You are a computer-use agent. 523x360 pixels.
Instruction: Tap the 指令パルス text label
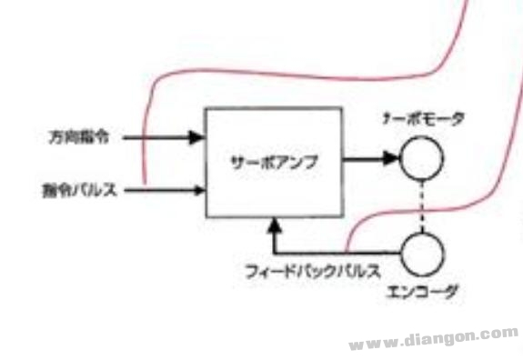click(79, 190)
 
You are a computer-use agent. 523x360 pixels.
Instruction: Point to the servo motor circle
click(421, 159)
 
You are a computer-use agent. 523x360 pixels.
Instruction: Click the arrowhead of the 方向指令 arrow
click(196, 137)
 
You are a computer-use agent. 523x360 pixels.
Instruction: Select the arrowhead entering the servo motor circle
click(392, 159)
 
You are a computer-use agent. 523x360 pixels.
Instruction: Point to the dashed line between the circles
click(421, 205)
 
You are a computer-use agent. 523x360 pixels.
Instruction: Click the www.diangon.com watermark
click(432, 340)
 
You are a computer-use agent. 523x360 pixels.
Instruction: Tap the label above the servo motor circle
click(425, 118)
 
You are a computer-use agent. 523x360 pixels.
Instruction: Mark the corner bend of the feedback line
click(274, 254)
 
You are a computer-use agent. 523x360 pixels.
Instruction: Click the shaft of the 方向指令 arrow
click(155, 137)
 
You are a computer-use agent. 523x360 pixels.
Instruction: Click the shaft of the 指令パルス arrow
click(159, 190)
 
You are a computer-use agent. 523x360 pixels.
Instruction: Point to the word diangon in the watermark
click(439, 338)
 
